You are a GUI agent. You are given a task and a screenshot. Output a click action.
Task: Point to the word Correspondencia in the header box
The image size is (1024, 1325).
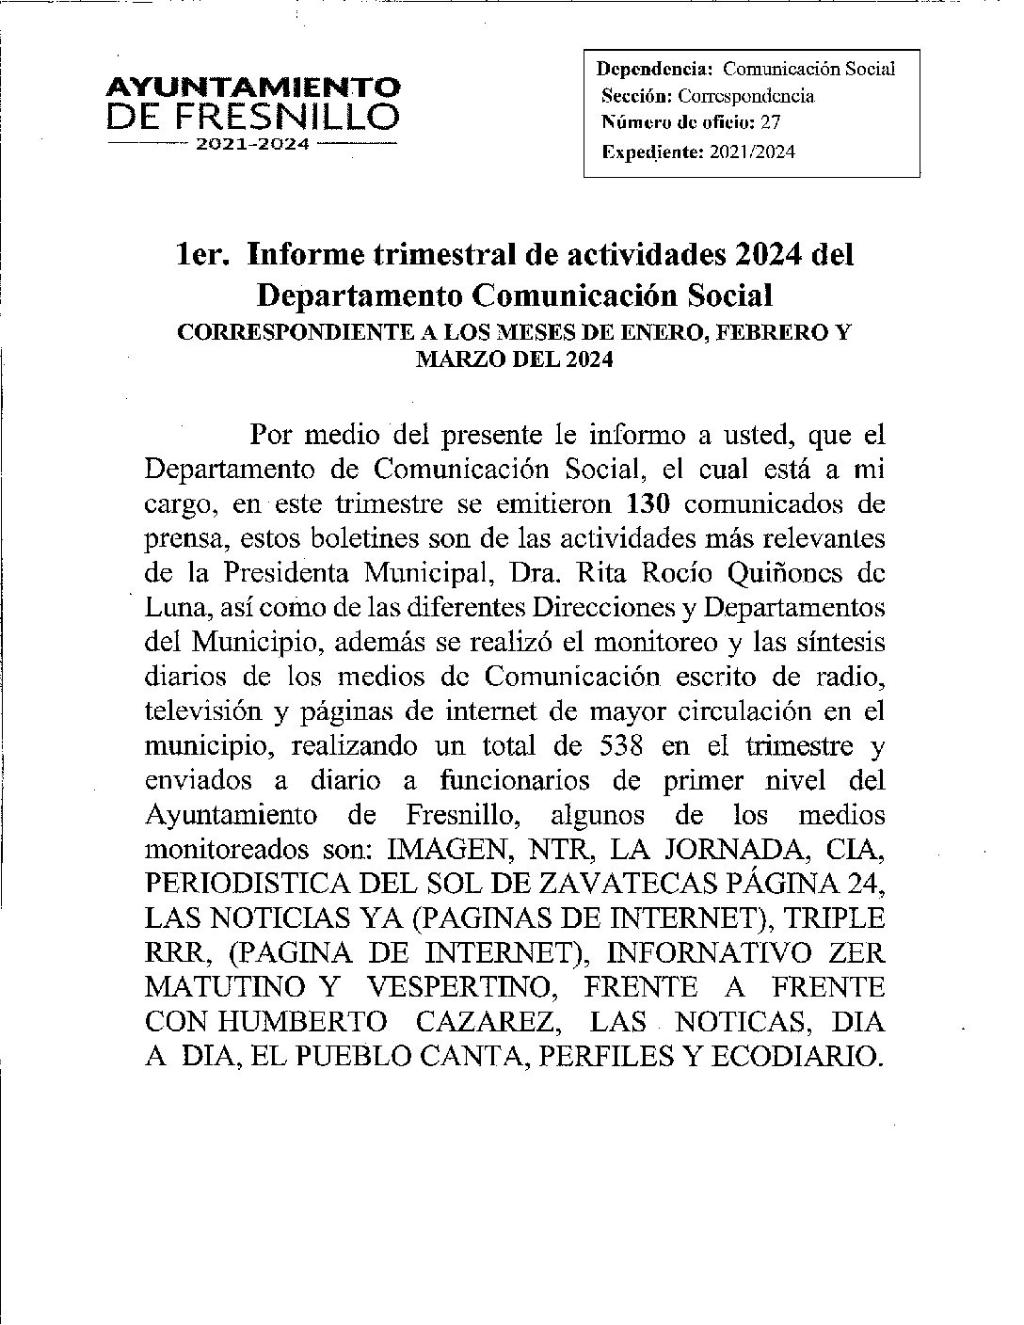point(746,96)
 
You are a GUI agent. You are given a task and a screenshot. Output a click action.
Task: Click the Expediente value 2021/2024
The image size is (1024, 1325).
point(752,152)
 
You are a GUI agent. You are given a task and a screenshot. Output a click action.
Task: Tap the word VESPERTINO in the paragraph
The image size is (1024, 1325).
point(455,986)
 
